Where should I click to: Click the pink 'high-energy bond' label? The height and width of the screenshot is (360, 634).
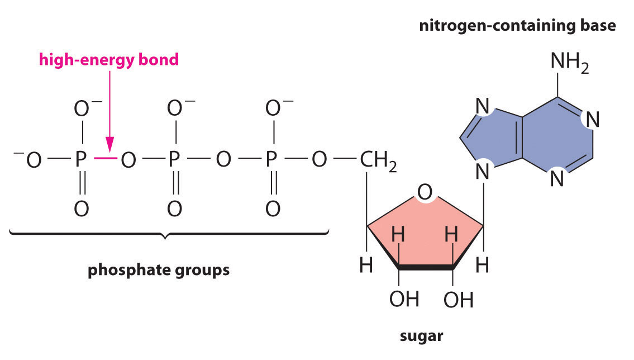click(109, 60)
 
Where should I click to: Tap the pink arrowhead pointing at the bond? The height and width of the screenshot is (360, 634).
click(109, 147)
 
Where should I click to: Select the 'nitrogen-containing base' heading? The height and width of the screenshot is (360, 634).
click(517, 26)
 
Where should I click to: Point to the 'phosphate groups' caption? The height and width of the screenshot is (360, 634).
click(159, 270)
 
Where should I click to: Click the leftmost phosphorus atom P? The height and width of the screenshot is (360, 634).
click(81, 160)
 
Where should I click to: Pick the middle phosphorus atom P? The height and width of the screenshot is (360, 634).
click(174, 160)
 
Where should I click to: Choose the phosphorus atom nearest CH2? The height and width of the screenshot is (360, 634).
click(272, 160)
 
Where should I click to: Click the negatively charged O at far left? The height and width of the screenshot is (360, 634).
click(30, 160)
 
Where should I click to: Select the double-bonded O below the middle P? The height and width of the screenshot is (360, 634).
click(174, 209)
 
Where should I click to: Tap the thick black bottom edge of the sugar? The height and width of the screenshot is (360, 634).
click(426, 268)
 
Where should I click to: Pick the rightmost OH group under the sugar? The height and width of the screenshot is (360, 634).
click(459, 300)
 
